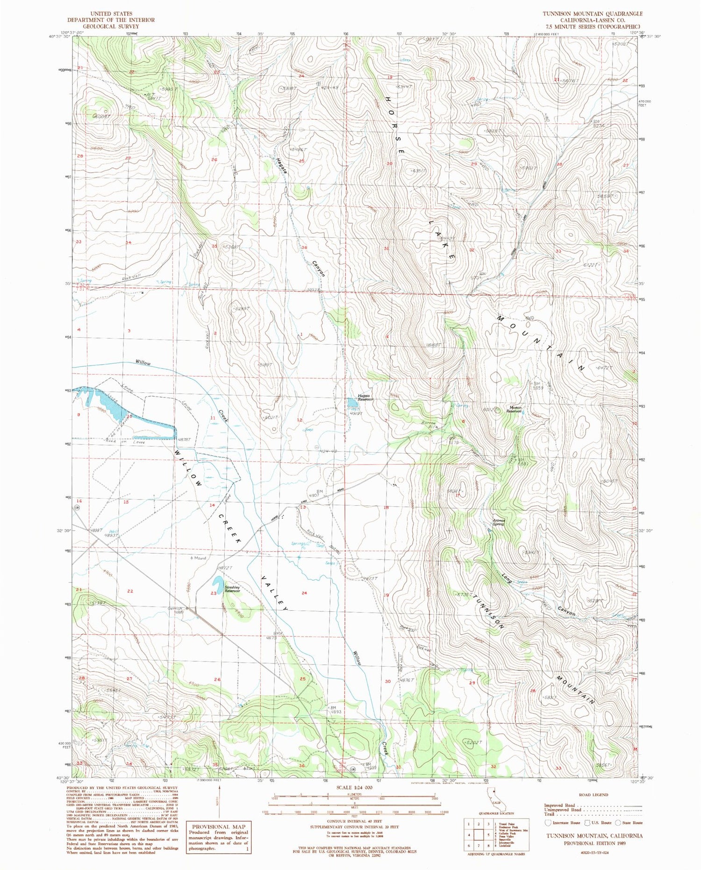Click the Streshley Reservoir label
point(232,589)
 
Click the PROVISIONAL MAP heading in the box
point(219,827)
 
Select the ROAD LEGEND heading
point(593,794)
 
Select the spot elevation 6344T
point(405,87)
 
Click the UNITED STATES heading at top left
point(111,14)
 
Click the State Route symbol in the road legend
point(618,823)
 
